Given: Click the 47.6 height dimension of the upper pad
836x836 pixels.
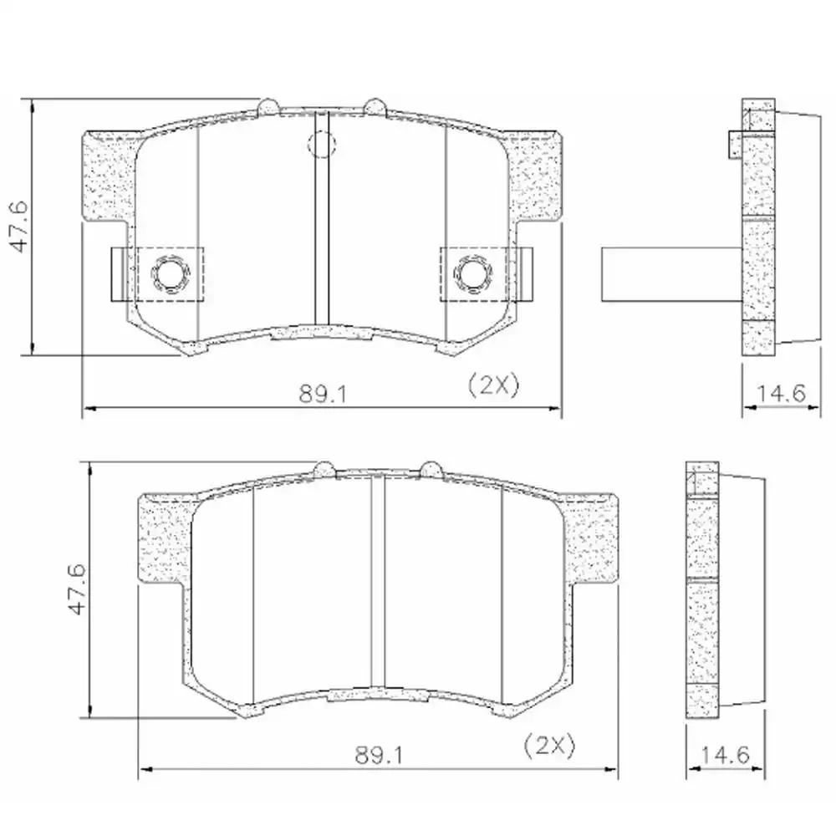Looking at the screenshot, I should click(x=18, y=226).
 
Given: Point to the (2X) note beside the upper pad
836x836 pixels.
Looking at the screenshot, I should click(x=493, y=385).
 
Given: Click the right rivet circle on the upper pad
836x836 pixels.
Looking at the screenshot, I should click(x=473, y=273).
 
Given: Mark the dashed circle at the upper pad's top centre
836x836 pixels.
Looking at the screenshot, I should click(x=321, y=144).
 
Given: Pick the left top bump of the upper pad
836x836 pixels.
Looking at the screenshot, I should click(x=269, y=106).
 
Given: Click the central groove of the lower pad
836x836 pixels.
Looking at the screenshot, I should click(x=377, y=585).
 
